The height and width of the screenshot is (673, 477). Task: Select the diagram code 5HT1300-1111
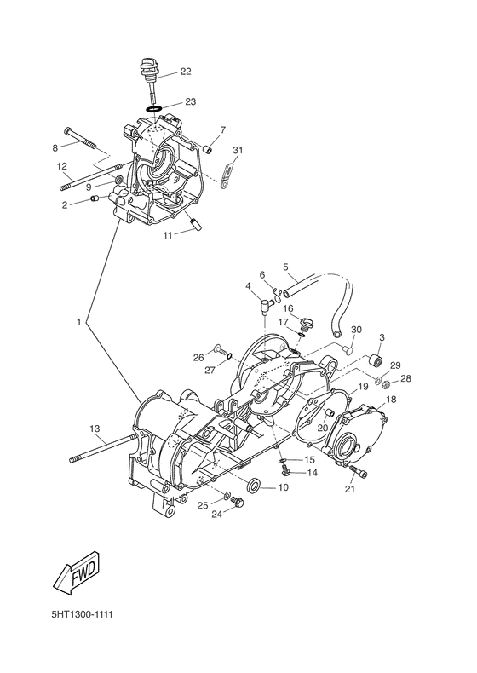tap(82, 614)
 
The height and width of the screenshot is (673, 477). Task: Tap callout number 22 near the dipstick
tap(186, 72)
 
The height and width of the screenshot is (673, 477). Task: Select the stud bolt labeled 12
tap(90, 176)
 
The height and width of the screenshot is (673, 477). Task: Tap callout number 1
tap(79, 322)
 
